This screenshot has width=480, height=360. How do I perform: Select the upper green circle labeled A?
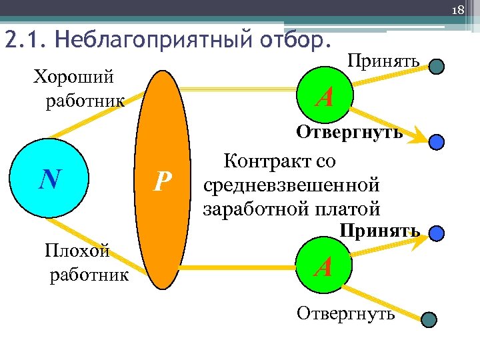pyautogui.click(x=325, y=97)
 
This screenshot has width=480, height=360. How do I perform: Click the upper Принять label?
pyautogui.click(x=383, y=62)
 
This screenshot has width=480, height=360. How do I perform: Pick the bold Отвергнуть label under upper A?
pyautogui.click(x=349, y=132)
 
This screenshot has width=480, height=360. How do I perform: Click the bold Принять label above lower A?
pyautogui.click(x=379, y=231)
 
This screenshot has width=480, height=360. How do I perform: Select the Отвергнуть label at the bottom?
pyautogui.click(x=345, y=313)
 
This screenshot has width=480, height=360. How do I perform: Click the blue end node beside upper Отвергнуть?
pyautogui.click(x=436, y=142)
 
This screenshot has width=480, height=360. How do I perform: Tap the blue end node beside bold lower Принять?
pyautogui.click(x=436, y=233)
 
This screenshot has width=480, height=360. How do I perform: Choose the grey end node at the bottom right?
pyautogui.click(x=430, y=321)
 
